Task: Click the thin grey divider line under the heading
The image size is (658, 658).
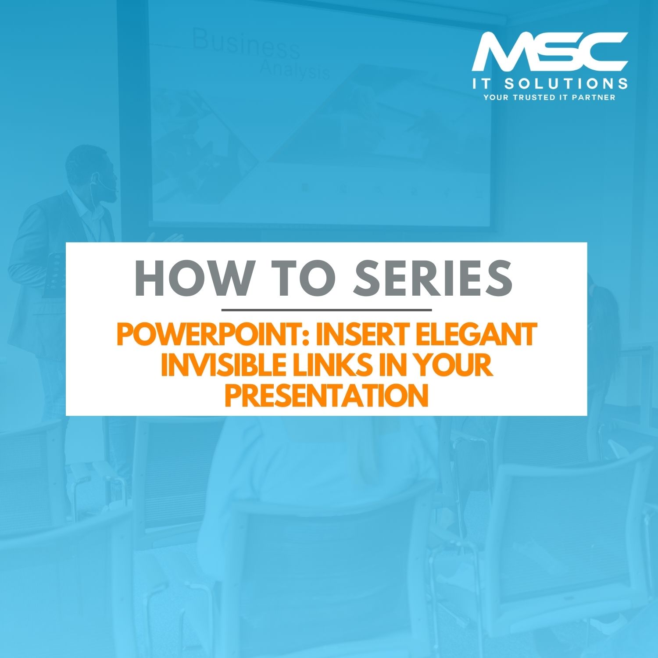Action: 327,310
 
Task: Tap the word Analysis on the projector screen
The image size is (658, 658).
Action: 294,69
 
